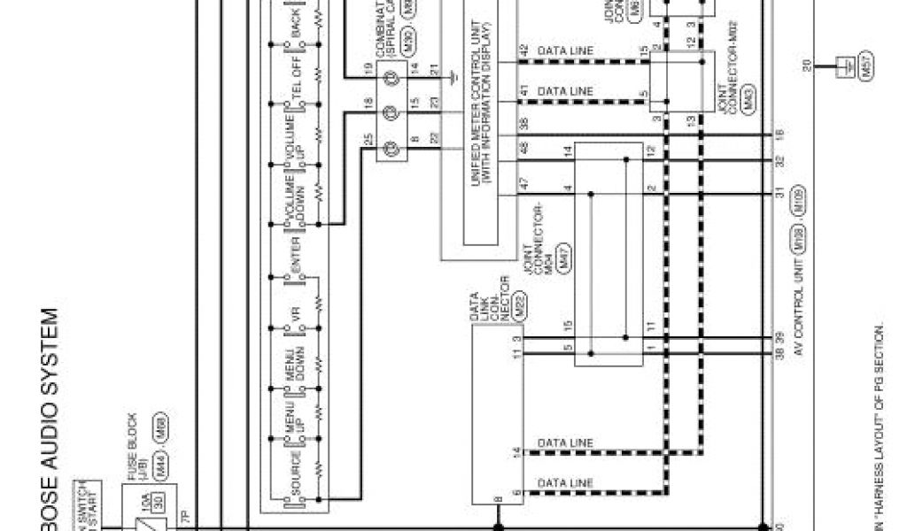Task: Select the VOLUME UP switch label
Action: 295,123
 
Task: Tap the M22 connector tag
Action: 498,322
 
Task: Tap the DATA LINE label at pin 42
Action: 566,50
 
